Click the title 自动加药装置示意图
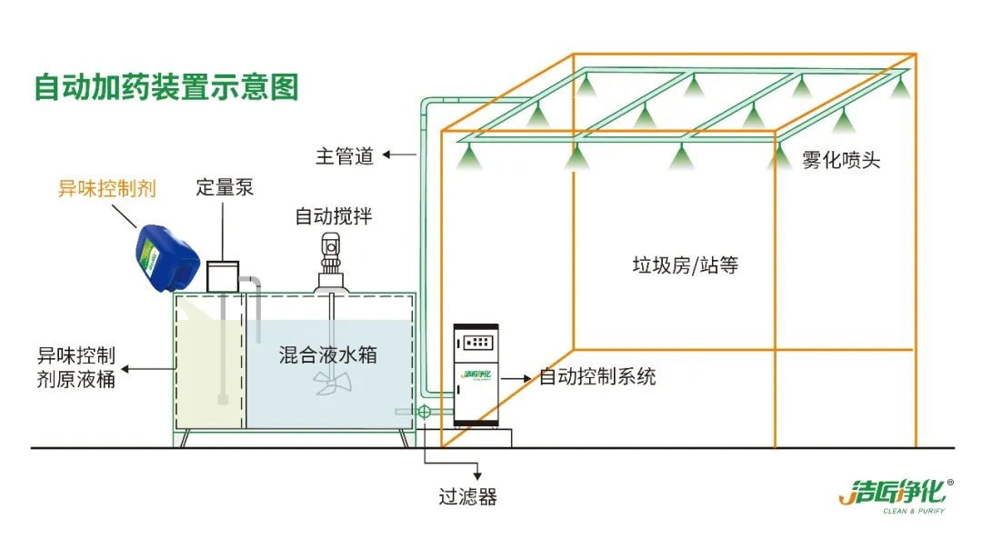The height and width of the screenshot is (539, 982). pyautogui.click(x=166, y=87)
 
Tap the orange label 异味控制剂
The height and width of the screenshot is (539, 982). pyautogui.click(x=108, y=188)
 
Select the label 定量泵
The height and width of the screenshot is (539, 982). pyautogui.click(x=225, y=188)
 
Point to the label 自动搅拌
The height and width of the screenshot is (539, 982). pyautogui.click(x=334, y=216)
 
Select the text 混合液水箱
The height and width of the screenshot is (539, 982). pyautogui.click(x=327, y=354)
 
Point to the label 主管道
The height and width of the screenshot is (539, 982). pyautogui.click(x=345, y=156)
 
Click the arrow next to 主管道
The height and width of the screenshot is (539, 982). pyautogui.click(x=398, y=155)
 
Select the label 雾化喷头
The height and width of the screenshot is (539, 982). pyautogui.click(x=841, y=161)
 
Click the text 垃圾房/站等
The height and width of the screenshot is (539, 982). pyautogui.click(x=686, y=265)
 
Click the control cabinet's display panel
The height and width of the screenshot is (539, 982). pyautogui.click(x=478, y=344)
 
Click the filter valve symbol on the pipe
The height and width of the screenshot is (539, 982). pyautogui.click(x=424, y=412)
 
